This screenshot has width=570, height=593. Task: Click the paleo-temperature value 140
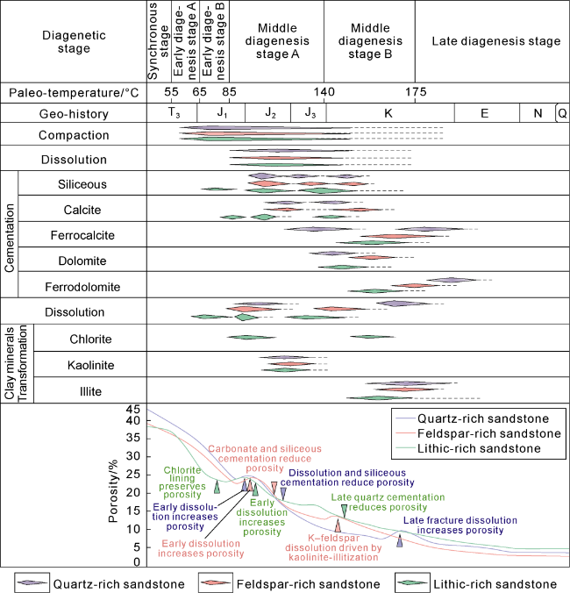[324, 92]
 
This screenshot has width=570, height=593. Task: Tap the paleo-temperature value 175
[415, 92]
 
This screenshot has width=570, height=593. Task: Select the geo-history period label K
[388, 113]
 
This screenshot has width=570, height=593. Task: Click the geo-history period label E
[484, 113]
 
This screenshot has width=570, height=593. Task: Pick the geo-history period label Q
[561, 113]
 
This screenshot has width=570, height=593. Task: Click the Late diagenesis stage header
[496, 41]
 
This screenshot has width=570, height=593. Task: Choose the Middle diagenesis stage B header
[368, 41]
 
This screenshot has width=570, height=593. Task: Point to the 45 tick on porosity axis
[133, 410]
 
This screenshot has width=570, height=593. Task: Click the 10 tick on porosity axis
[133, 529]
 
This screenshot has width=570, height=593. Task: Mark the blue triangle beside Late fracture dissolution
[400, 540]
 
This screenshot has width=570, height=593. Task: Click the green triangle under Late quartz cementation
[344, 510]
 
